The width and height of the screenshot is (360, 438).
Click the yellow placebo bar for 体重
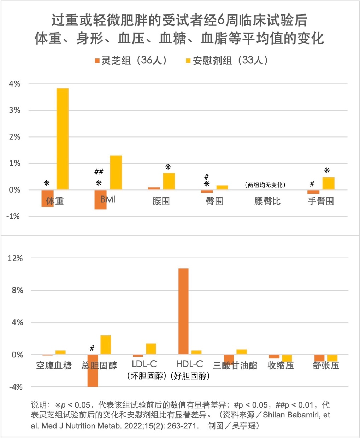(63, 139)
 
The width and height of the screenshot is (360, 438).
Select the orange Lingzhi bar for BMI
(100, 199)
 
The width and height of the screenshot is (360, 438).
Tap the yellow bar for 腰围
(169, 181)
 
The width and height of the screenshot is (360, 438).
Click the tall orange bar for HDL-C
(183, 311)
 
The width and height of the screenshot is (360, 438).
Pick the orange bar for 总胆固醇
(93, 370)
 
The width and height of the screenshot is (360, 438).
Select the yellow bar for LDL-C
(151, 349)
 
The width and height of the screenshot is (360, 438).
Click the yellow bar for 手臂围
(328, 183)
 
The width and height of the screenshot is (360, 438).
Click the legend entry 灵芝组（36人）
(131, 60)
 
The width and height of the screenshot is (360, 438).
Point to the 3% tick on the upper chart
(15, 110)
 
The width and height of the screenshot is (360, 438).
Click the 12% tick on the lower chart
(15, 258)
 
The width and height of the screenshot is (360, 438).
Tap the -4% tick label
(15, 387)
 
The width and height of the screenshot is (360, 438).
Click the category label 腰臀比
(267, 201)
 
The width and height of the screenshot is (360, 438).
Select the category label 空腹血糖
(54, 365)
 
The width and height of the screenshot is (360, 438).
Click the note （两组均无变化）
(265, 185)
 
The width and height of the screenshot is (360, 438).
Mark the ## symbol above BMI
(99, 172)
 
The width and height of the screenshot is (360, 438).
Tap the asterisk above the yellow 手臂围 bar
(327, 170)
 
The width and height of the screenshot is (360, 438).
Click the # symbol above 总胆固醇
(92, 349)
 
